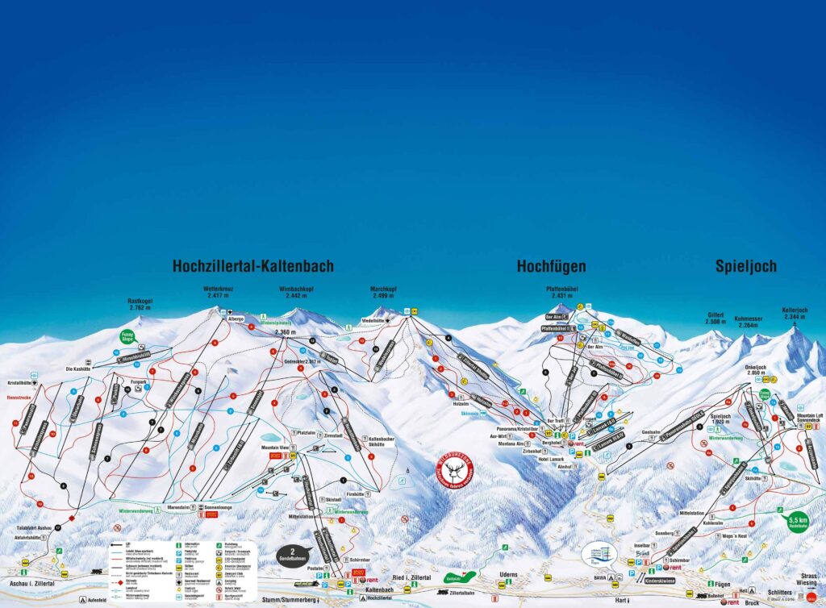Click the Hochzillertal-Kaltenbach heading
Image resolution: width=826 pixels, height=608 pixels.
(x=252, y=266)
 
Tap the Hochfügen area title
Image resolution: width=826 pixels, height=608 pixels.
(x=551, y=266)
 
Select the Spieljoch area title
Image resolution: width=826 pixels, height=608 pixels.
(x=745, y=266)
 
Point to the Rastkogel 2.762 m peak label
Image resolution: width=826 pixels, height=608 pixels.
(x=140, y=304)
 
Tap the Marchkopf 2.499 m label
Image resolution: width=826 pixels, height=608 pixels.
(x=386, y=292)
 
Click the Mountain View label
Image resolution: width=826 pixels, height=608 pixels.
(x=274, y=447)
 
